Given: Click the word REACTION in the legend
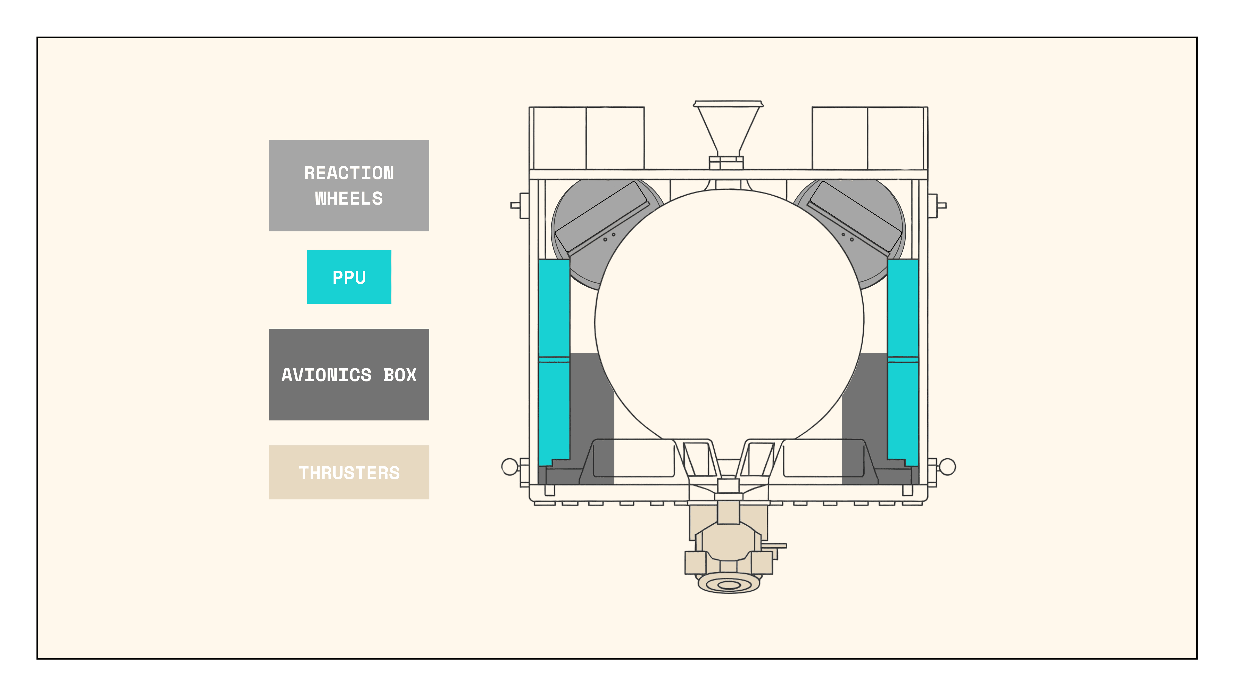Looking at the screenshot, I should coord(349,173).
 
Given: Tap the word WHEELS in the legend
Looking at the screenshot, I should coord(349,198).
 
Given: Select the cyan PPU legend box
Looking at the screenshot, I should coord(349,277).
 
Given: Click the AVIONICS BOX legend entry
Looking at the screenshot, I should coord(349,375).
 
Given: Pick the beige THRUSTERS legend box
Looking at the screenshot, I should coord(349,473).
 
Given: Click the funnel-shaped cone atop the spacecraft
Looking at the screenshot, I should coord(727,127).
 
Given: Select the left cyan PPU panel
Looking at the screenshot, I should coord(554,359).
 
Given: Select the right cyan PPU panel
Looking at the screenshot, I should coord(903,359).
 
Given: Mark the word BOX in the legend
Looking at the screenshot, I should coord(400,375).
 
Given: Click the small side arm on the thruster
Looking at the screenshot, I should coord(774,546).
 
